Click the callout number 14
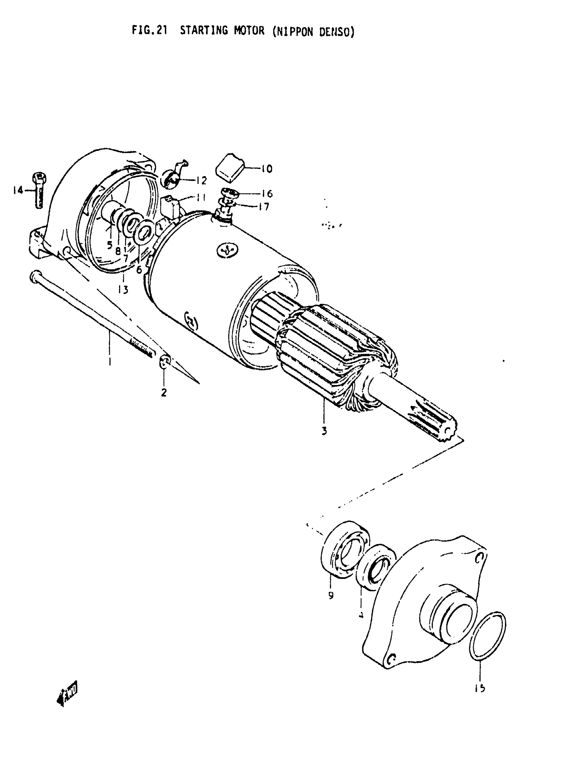(x=18, y=190)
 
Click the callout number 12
(x=202, y=180)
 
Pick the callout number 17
(x=263, y=207)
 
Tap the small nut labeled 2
(x=164, y=361)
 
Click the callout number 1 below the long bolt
(x=109, y=361)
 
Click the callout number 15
(x=480, y=689)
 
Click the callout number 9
(x=331, y=596)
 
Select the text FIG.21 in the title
(x=150, y=31)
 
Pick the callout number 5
(x=109, y=245)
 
